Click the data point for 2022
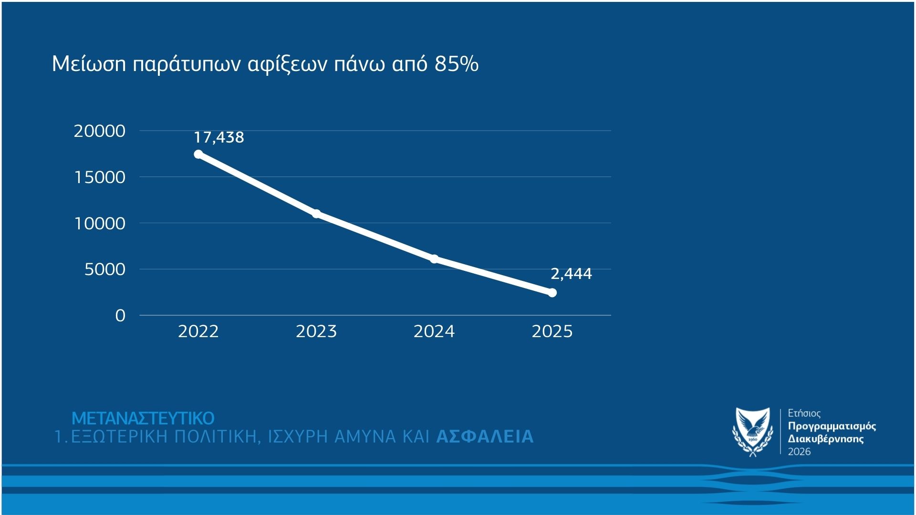click(x=198, y=154)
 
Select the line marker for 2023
click(x=316, y=213)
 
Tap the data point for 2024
click(x=434, y=259)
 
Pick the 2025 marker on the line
click(x=552, y=293)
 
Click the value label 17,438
click(x=219, y=137)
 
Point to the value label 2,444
click(x=571, y=274)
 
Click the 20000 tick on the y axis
click(x=99, y=131)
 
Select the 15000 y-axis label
click(x=99, y=177)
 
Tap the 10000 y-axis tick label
click(x=99, y=224)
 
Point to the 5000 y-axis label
click(x=105, y=269)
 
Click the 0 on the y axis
click(x=120, y=316)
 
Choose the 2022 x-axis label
click(x=198, y=331)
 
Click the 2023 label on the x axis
click(x=316, y=331)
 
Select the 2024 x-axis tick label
click(x=434, y=331)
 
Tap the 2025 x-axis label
click(x=552, y=331)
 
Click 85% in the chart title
click(x=456, y=64)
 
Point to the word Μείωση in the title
click(x=89, y=64)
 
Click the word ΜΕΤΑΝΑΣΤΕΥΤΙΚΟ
click(x=143, y=419)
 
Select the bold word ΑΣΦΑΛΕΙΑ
click(x=485, y=437)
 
